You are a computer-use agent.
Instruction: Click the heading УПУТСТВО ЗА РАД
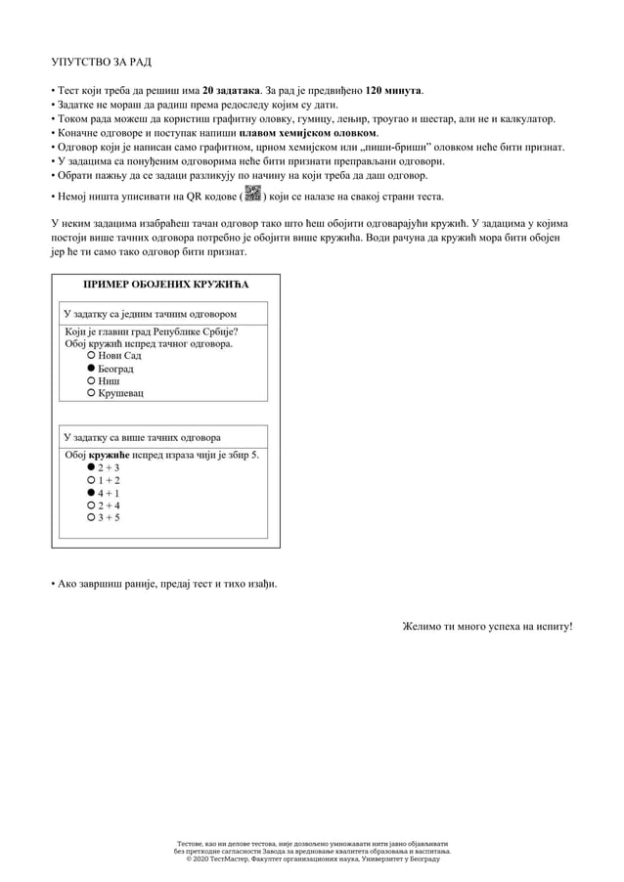102,63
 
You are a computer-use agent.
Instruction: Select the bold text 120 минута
393,90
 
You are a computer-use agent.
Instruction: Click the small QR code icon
253,193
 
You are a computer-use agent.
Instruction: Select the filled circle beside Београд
91,369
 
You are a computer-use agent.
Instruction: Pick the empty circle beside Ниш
91,380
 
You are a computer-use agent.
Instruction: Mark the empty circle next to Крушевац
91,393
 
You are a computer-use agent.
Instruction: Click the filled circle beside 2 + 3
91,467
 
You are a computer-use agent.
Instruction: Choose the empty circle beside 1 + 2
91,480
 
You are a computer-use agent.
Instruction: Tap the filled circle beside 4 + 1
91,493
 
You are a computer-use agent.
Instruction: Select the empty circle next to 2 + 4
91,506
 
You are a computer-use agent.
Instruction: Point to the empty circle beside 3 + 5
91,517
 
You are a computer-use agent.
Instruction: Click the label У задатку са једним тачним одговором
149,315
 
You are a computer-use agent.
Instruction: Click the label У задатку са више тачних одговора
142,437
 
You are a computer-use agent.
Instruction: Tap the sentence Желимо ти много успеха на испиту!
487,626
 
